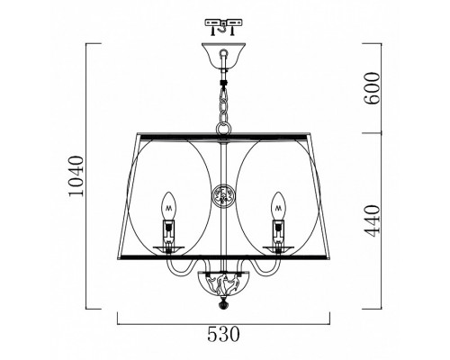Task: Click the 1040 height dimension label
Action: click(x=75, y=176)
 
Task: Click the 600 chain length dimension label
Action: click(x=372, y=88)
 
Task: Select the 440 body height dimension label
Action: click(x=372, y=220)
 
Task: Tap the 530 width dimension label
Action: click(x=224, y=334)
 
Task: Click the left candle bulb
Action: click(x=168, y=206)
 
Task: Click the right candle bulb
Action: click(x=278, y=206)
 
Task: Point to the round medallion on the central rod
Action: click(x=223, y=196)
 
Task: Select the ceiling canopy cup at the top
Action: click(x=223, y=56)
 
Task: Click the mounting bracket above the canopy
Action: click(x=223, y=27)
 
